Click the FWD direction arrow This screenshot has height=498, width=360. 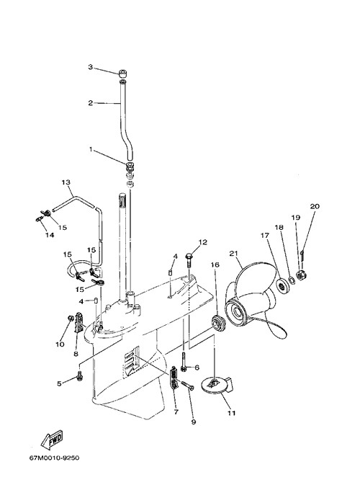(53, 440)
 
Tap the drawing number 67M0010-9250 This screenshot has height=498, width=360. (54, 458)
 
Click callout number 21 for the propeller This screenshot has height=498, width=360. (233, 254)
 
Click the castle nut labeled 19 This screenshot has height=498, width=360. (300, 275)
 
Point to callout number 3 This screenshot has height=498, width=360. (91, 67)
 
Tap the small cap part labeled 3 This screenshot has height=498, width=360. (123, 74)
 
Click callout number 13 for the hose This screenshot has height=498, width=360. (66, 182)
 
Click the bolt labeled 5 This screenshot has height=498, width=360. (79, 376)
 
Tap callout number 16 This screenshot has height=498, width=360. (215, 264)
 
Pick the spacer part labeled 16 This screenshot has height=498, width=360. (218, 324)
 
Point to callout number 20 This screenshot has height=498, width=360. (315, 206)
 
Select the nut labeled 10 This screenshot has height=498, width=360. (71, 318)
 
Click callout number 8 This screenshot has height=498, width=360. (76, 353)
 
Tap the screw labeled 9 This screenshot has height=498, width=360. (188, 386)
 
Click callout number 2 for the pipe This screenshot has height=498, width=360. (91, 103)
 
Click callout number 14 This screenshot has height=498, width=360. (50, 235)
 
